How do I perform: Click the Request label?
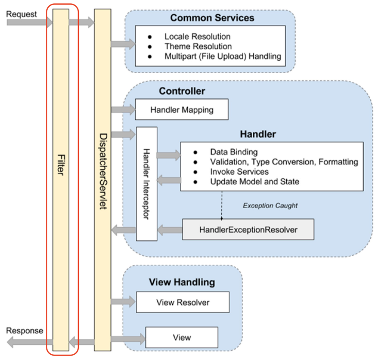[x=22, y=13]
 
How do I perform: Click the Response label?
[x=24, y=330]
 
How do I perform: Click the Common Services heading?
[x=212, y=18]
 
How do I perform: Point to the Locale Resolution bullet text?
[x=197, y=36]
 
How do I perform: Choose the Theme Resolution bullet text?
[x=198, y=46]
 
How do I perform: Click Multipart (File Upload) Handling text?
[x=223, y=57]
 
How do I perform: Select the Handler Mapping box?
[x=182, y=109]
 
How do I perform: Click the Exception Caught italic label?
[x=270, y=206]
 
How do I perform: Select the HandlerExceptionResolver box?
[x=248, y=229]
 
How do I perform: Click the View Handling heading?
[x=182, y=282]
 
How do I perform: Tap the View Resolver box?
[x=183, y=303]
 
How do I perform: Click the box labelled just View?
[x=182, y=338]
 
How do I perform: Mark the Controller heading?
[x=182, y=91]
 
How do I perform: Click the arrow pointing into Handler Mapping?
[x=123, y=109]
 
